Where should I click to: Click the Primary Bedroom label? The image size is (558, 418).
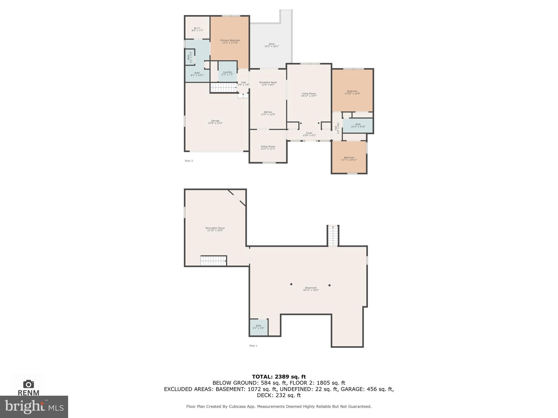click(230, 40)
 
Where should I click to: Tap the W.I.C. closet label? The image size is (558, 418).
click(197, 28)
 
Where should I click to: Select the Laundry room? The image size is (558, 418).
click(228, 73)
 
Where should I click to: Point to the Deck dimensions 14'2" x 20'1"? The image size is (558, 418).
click(271, 47)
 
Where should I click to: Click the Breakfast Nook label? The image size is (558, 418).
click(268, 82)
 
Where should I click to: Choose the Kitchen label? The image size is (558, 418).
click(268, 112)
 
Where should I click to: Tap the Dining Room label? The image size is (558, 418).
click(268, 146)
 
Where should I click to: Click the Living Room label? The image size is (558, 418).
click(309, 94)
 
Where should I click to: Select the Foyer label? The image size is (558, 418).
click(309, 133)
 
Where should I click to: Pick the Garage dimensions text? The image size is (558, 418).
click(215, 123)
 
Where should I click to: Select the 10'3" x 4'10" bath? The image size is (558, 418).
click(358, 125)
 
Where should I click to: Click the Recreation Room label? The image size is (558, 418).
click(215, 228)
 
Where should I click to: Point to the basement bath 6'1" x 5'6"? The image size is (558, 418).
click(258, 327)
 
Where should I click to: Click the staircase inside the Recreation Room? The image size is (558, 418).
click(214, 261)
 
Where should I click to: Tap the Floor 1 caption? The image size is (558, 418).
click(253, 346)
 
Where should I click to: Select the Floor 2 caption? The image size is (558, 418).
click(189, 161)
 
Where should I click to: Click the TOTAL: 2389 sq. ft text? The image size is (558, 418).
click(279, 377)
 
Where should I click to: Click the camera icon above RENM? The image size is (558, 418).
click(28, 384)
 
